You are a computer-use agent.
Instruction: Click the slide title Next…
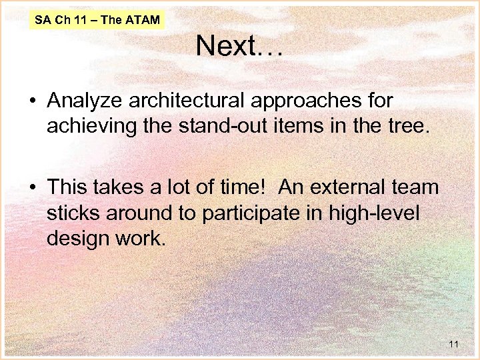click(x=239, y=47)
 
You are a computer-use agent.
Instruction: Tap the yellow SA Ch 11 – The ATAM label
click(x=98, y=20)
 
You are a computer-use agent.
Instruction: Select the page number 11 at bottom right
click(x=454, y=344)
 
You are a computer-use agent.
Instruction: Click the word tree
click(x=401, y=126)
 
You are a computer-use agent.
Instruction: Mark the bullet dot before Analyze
click(x=32, y=102)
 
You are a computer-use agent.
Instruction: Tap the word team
click(x=416, y=187)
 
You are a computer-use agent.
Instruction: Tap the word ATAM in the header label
click(x=142, y=20)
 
